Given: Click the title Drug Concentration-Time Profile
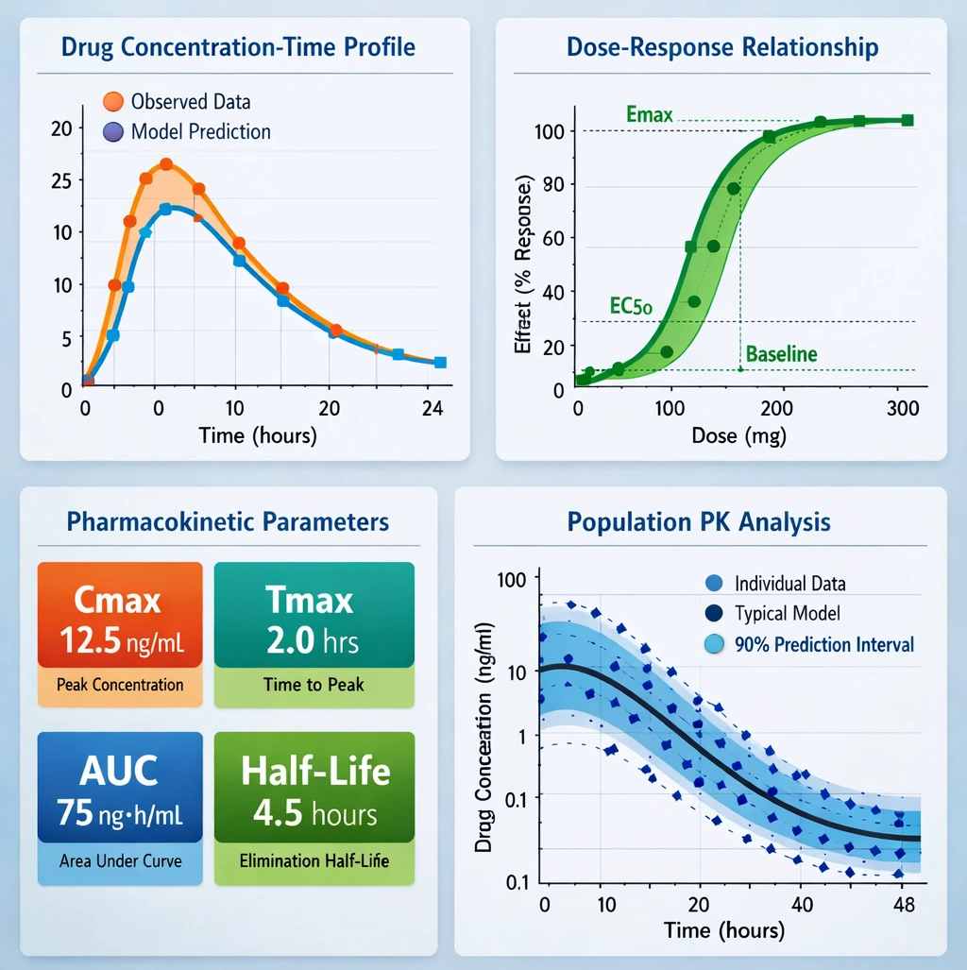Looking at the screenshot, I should (238, 46).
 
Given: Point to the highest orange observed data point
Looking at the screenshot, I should (166, 164).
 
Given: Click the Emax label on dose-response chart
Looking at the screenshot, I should (650, 115).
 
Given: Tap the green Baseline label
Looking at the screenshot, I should (781, 355).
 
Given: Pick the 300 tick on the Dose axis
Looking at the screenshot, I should (904, 409).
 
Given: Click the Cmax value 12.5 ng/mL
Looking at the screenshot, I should (119, 642).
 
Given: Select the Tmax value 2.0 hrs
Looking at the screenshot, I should (313, 642).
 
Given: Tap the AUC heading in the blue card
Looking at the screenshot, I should (119, 771).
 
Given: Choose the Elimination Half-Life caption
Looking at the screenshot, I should (314, 860).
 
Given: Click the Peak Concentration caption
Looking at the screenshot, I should (120, 684).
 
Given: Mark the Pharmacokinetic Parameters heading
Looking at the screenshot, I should (228, 521).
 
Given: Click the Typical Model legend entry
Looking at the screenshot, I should (787, 614).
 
